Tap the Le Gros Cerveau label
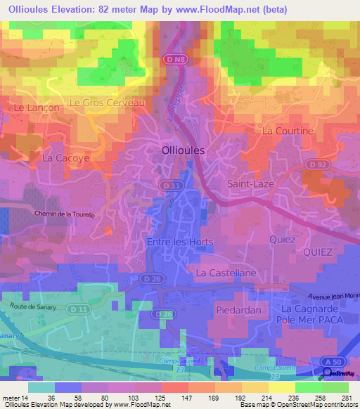107,103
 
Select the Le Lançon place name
34,108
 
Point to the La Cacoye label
66,158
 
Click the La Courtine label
288,131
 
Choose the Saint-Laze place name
250,183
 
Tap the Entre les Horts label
180,241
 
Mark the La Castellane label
224,272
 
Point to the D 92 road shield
317,164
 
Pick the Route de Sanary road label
33,304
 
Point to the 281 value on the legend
347,397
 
